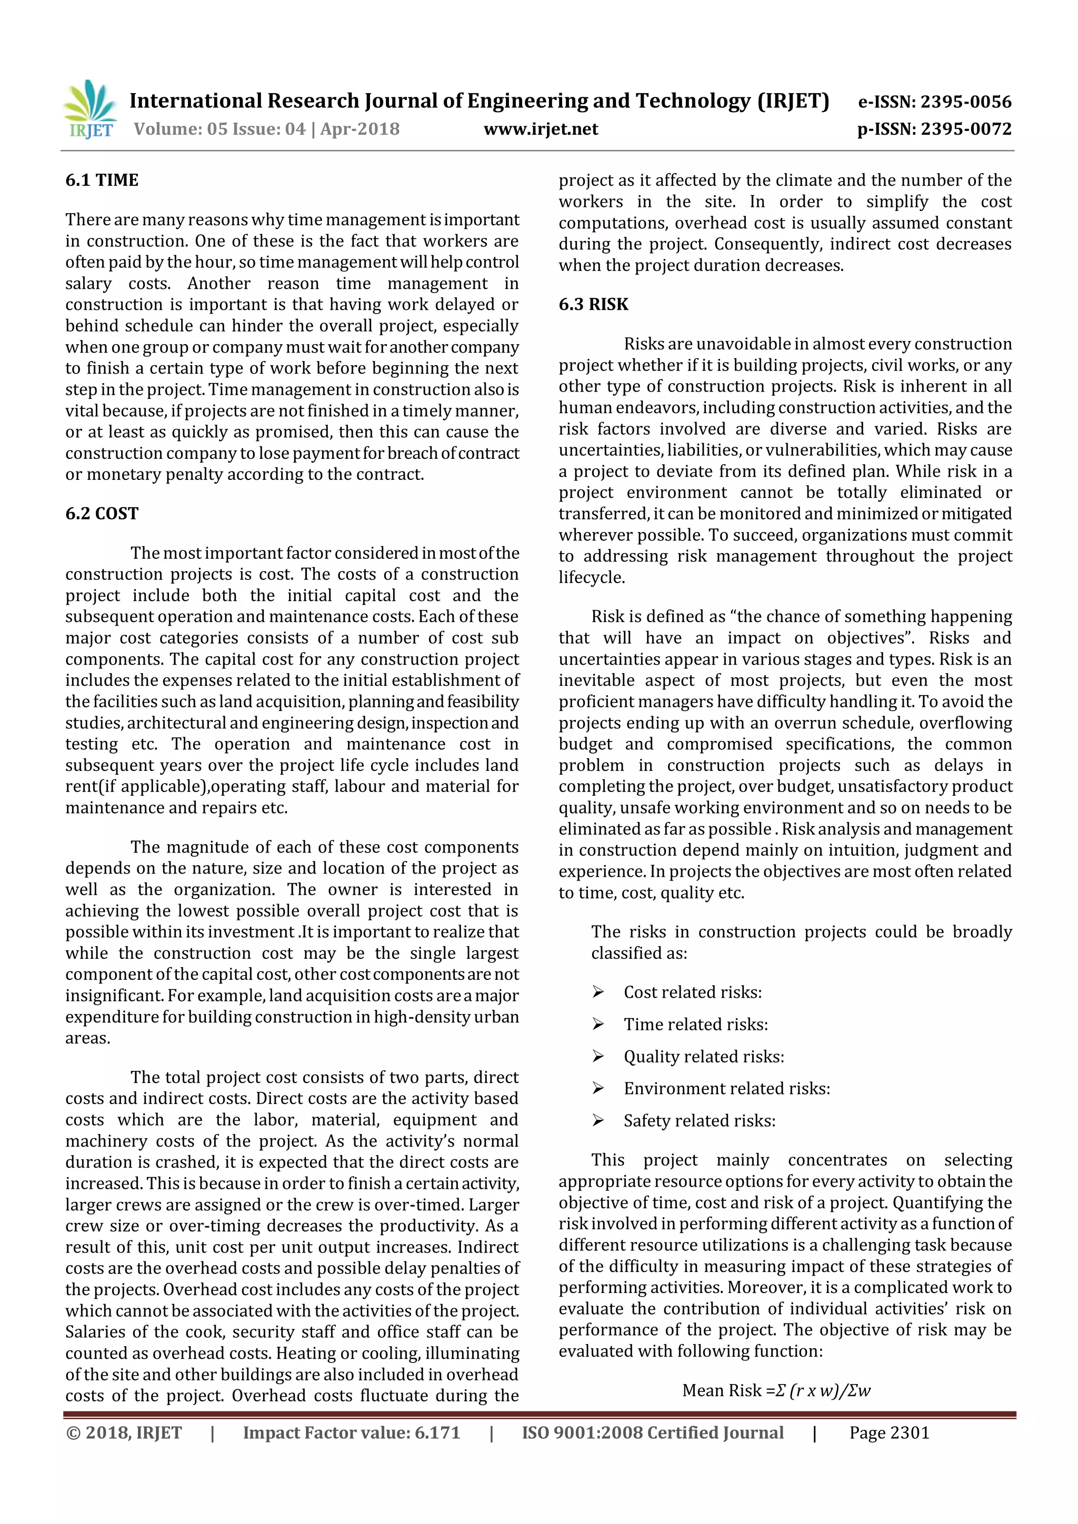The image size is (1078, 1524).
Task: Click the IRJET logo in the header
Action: pos(91,110)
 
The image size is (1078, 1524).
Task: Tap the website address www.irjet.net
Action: pos(541,129)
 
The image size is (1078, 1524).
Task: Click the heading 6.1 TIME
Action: pos(102,181)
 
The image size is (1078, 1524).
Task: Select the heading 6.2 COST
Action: pos(102,514)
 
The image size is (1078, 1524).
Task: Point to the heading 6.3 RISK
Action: pos(593,305)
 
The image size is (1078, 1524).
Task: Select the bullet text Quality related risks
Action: pos(704,1057)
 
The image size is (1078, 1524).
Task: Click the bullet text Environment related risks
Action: pos(726,1089)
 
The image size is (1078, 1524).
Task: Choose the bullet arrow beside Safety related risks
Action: pos(598,1121)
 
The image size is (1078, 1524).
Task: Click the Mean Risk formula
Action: pos(776,1390)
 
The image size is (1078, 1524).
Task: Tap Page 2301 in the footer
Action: pos(889,1433)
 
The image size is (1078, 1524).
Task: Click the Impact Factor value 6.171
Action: pos(437,1433)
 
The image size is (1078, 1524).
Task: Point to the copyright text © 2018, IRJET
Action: pos(124,1433)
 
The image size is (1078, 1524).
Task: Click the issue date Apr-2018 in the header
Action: pos(360,129)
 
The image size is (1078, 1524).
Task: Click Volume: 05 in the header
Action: pos(182,129)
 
